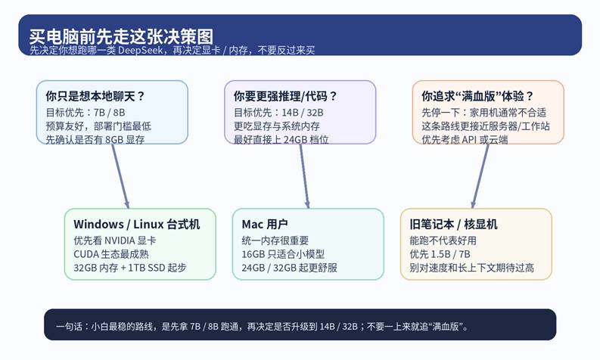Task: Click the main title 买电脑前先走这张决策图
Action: pos(121,37)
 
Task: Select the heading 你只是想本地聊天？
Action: pos(95,96)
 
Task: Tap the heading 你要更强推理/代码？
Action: pos(285,96)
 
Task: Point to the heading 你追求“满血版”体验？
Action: pos(477,96)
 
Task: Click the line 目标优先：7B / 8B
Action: pos(85,113)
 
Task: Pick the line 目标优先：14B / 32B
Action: pos(278,113)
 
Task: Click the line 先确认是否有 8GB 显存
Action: pos(95,140)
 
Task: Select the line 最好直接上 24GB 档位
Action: pos(281,140)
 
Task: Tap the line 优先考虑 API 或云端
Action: pos(465,140)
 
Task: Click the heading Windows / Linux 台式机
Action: pos(137,224)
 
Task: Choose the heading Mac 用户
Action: pos(265,224)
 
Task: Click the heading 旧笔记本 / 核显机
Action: pos(453,224)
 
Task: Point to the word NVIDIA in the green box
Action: pos(120,241)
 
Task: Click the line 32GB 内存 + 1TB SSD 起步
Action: pos(130,268)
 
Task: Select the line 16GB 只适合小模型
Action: pos(283,254)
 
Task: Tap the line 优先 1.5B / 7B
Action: pos(440,254)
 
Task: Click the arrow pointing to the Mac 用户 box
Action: pos(304,176)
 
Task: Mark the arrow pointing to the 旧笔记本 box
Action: pos(480,176)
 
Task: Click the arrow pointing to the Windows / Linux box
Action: pos(120,176)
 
